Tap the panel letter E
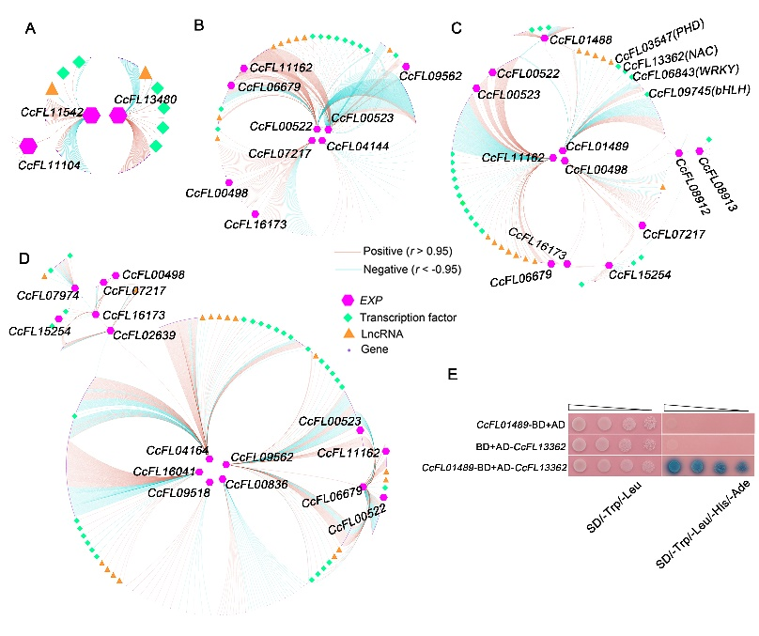click(453, 373)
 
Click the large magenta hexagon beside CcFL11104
click(28, 145)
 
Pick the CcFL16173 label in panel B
click(256, 225)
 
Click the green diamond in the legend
click(346, 318)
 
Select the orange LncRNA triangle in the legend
click(346, 334)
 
